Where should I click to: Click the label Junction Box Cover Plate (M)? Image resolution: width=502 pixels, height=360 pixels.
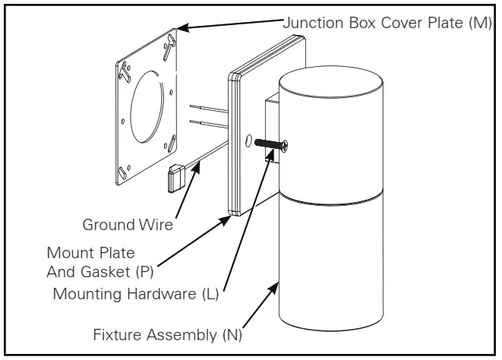387,23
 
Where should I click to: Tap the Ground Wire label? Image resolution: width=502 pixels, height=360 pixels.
128,225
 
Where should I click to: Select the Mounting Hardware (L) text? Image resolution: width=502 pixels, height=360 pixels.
136,294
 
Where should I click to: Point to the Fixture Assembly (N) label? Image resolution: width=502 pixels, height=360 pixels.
167,335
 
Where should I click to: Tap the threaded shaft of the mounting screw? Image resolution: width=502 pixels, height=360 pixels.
268,144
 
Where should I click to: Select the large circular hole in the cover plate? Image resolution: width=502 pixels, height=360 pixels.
147,106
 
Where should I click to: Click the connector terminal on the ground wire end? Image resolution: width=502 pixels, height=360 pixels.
176,177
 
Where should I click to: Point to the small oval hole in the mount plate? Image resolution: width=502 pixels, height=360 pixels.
248,141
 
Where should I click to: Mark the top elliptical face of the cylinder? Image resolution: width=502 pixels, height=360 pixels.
330,82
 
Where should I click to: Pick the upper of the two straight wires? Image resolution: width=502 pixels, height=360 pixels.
209,109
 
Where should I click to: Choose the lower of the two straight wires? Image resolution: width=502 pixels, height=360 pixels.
209,124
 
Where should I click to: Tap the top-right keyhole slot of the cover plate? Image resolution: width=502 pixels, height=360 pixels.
169,47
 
